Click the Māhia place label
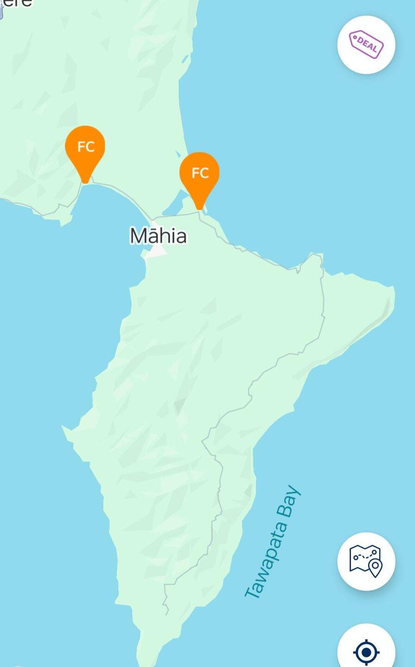(x=158, y=235)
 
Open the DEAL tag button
(x=366, y=44)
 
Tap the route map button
(x=366, y=561)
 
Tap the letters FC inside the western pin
(x=86, y=147)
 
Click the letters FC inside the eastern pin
(x=200, y=173)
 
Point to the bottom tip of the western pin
(x=85, y=182)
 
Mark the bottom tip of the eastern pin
(x=199, y=208)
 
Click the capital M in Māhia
(x=138, y=236)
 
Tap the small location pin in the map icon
(x=375, y=567)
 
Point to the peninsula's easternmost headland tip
(x=393, y=289)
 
